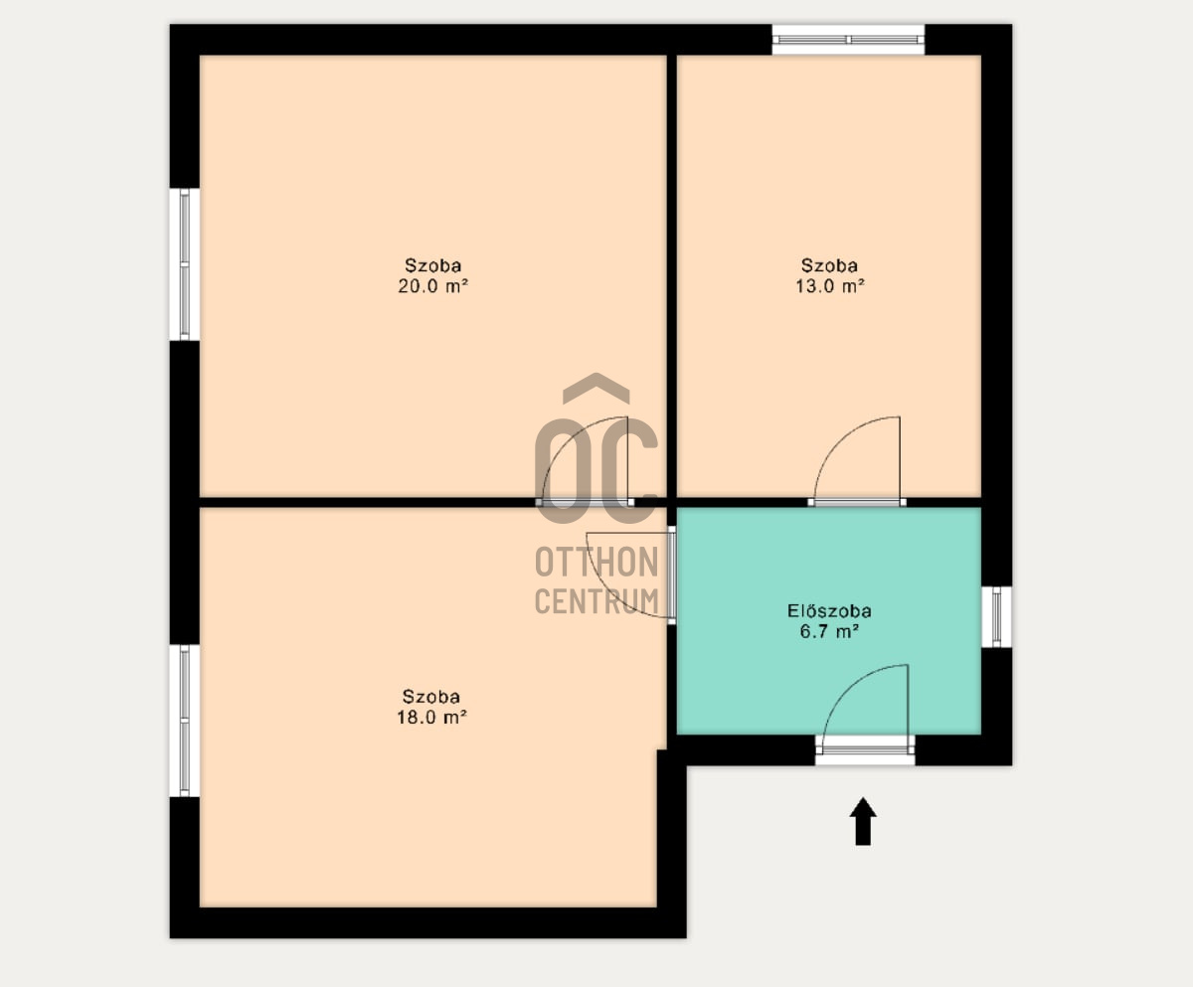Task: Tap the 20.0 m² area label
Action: click(433, 285)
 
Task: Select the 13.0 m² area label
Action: click(829, 285)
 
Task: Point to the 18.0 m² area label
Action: click(431, 717)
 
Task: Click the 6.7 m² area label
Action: click(829, 632)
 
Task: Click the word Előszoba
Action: click(829, 610)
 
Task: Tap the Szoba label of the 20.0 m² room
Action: click(433, 265)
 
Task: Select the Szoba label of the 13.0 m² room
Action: click(829, 265)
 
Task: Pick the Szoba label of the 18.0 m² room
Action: click(431, 697)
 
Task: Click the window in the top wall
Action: click(848, 40)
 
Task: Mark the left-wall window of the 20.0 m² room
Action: click(185, 264)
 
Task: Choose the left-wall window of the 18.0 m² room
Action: click(185, 721)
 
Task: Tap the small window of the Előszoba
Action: click(997, 617)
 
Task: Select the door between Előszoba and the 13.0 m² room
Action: click(857, 502)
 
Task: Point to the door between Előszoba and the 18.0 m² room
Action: click(672, 575)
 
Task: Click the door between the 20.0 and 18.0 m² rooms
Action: click(585, 502)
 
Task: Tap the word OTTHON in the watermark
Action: click(597, 562)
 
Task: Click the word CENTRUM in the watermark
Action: click(597, 601)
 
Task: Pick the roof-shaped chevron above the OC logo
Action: click(596, 389)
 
